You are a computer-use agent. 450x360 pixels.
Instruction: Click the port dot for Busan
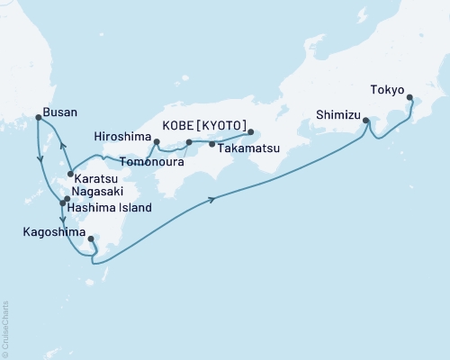point(37,117)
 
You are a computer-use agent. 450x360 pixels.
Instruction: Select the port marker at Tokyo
point(409,98)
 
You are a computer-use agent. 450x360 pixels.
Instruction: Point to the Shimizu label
point(337,115)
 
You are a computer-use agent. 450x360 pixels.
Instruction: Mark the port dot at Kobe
point(251,132)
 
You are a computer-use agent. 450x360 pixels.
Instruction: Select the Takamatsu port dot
point(211,143)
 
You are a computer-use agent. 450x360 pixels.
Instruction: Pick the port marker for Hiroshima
point(157,142)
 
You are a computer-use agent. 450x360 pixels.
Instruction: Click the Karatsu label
point(94,177)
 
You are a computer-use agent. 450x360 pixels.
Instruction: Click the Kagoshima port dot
point(91,238)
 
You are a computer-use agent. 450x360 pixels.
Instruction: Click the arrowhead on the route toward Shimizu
point(211,199)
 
